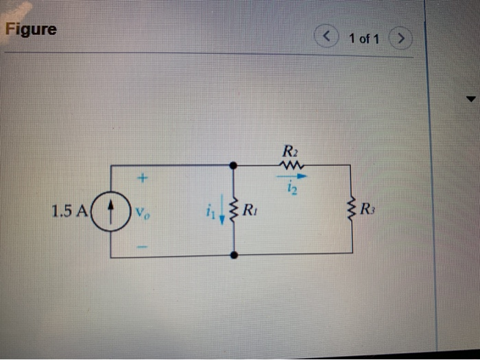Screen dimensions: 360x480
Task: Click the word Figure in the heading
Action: click(x=32, y=30)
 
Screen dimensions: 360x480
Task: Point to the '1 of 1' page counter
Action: click(x=364, y=38)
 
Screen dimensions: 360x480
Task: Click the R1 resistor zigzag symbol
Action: click(x=234, y=210)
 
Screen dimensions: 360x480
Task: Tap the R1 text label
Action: click(x=251, y=208)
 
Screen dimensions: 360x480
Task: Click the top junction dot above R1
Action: click(x=234, y=165)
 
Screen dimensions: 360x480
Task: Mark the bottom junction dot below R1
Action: click(x=234, y=255)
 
